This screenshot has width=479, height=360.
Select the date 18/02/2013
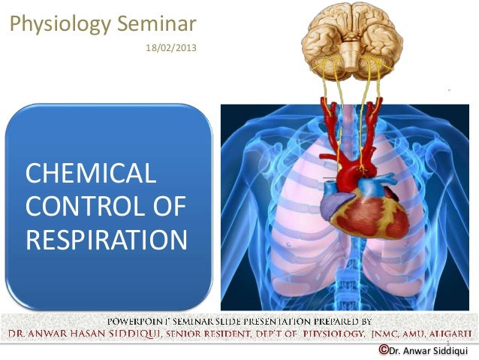(x=166, y=49)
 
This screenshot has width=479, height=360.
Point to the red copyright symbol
(x=384, y=350)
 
